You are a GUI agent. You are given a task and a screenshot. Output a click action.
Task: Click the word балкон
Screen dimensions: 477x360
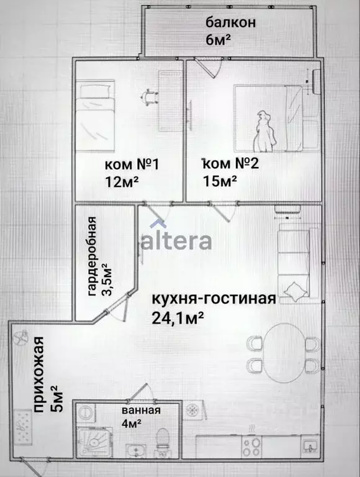pyautogui.click(x=231, y=23)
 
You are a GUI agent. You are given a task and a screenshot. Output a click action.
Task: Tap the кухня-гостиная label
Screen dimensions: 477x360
pyautogui.click(x=213, y=299)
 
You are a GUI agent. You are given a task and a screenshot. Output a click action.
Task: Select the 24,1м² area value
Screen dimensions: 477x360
pyautogui.click(x=179, y=317)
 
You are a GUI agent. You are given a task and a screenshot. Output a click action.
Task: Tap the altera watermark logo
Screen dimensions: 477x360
pyautogui.click(x=176, y=240)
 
